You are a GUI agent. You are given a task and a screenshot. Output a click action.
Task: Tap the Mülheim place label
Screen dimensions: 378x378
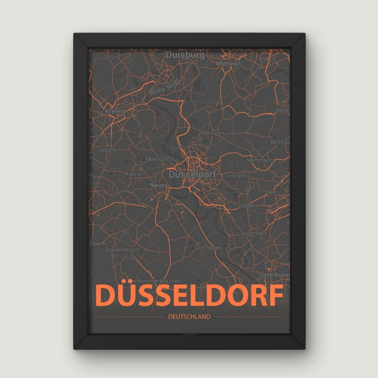(229, 63)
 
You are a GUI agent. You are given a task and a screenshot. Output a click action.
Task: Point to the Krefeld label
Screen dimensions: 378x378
(116, 111)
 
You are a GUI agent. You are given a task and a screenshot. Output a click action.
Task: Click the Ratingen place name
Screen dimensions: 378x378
(212, 133)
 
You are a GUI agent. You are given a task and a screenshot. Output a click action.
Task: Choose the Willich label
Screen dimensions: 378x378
(107, 150)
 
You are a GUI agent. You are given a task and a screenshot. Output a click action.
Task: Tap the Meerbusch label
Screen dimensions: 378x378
(159, 159)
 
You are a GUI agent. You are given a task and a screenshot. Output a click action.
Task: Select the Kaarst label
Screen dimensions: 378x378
(134, 173)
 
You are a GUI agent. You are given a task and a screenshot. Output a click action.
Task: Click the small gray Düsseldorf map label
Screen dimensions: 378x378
(192, 173)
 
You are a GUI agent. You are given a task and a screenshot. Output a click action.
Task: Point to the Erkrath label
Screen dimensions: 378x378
(236, 176)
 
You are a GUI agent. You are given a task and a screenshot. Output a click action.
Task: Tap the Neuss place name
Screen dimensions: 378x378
(157, 185)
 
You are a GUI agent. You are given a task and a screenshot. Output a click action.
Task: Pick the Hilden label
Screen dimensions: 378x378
(246, 206)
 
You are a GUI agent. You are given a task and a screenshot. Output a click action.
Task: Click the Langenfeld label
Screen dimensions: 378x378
(252, 233)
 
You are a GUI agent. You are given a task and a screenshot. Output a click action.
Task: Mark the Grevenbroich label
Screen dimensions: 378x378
(123, 250)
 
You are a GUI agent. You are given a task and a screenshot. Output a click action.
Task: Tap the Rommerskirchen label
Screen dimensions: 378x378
(159, 281)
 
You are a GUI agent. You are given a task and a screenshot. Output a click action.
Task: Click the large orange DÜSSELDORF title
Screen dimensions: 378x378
(189, 296)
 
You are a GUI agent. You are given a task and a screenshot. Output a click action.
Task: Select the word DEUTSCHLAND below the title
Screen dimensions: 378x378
(189, 316)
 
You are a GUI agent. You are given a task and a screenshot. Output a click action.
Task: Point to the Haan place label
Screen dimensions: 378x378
(271, 192)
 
